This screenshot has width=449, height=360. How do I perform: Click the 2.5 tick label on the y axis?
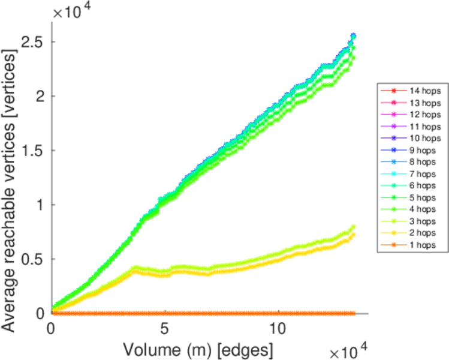pos(34,42)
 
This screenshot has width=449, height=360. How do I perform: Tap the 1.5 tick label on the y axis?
pos(34,151)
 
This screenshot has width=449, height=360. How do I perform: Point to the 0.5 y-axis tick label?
pos(34,259)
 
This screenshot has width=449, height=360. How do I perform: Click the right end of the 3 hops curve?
pos(353,227)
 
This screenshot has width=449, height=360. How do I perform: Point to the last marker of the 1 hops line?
pos(353,313)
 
